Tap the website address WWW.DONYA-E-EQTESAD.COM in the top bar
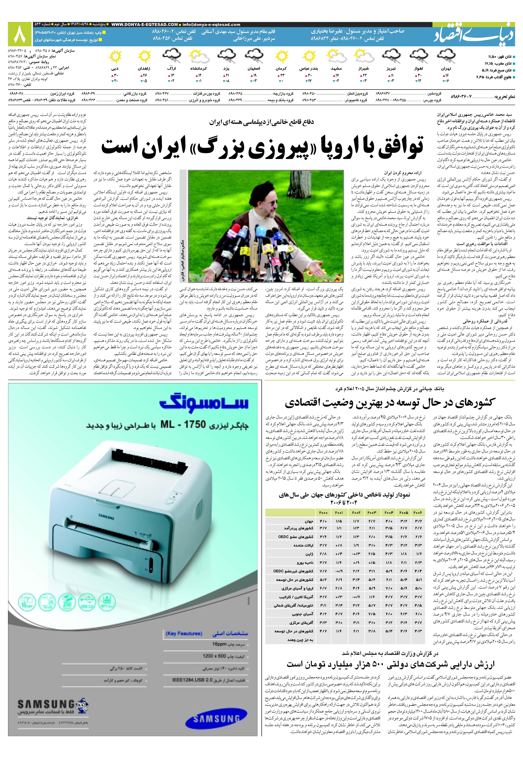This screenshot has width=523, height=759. tap(145, 25)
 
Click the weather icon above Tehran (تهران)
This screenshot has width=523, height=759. tap(446, 56)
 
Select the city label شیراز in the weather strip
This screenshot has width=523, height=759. tap(364, 69)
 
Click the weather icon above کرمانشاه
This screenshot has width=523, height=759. tap(199, 56)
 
